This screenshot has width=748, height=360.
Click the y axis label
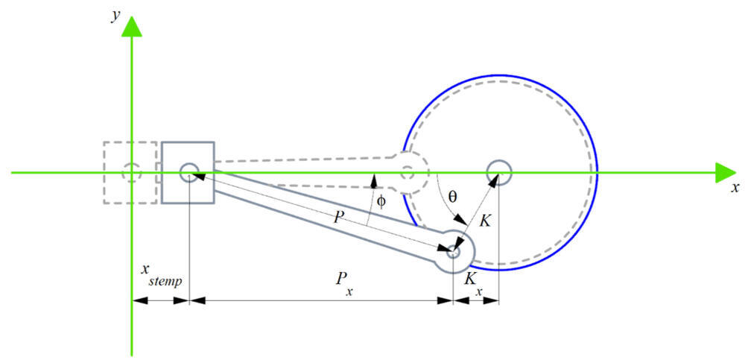(116, 16)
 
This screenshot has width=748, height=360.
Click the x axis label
(735, 187)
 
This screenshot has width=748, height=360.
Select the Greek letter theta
(451, 198)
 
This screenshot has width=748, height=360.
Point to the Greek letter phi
(381, 201)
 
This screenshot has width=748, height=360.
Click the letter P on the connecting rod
(339, 218)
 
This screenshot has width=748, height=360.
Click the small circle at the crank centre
(498, 173)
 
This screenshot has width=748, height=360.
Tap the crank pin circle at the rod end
(454, 252)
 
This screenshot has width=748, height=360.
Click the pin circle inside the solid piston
(188, 173)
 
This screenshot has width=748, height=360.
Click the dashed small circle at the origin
(132, 173)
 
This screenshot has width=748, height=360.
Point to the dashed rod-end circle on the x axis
(407, 173)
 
